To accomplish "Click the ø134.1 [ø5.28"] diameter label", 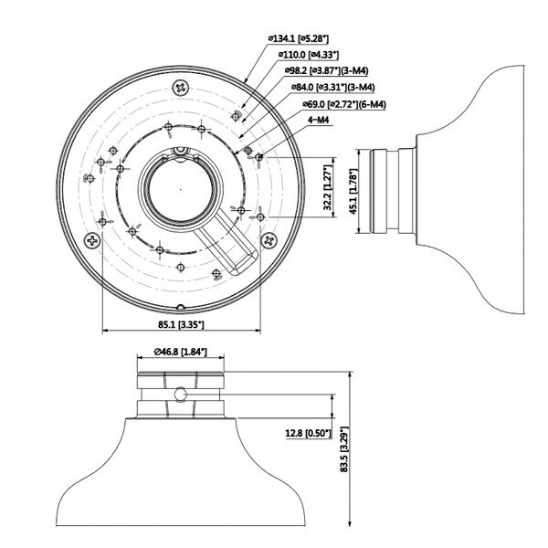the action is (x=298, y=38).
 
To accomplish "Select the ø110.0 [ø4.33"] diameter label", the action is (x=309, y=55).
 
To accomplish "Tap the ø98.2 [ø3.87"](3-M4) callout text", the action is (x=326, y=70).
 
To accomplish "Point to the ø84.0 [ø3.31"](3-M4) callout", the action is (x=333, y=87).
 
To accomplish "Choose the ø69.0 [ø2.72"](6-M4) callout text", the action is (x=344, y=104).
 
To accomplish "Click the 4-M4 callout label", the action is (x=318, y=120).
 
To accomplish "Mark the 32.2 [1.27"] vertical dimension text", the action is (x=328, y=187).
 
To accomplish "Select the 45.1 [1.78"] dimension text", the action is (x=353, y=192).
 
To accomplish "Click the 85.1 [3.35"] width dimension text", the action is (x=181, y=324).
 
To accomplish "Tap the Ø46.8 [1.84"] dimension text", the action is (x=180, y=352).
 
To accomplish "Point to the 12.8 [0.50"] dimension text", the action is (x=308, y=433).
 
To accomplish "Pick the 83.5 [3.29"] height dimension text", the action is (x=344, y=449).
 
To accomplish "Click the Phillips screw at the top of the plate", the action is (x=181, y=88).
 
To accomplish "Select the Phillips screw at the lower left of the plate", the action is (x=92, y=240).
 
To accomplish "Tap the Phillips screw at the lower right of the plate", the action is (x=269, y=240).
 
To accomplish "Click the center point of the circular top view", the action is (x=180, y=190).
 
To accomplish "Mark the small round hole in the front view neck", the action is (x=180, y=395).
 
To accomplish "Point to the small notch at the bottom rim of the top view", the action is (x=180, y=307).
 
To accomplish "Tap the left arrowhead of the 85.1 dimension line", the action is (x=104, y=330).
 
